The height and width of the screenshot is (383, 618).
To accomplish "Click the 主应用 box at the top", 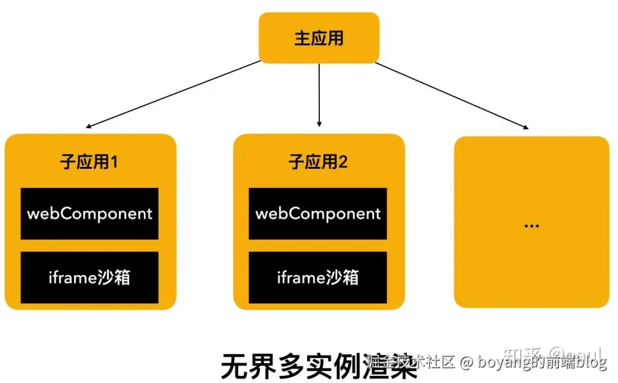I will tap(319, 38).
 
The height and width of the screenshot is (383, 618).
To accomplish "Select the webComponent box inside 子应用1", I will tap(90, 214).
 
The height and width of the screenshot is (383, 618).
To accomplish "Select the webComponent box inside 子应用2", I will tap(318, 214).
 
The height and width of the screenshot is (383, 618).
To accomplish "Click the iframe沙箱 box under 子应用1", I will tap(90, 277).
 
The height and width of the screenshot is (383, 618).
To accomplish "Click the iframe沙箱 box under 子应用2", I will tap(318, 277).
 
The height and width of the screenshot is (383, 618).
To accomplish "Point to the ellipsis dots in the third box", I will tap(531, 226).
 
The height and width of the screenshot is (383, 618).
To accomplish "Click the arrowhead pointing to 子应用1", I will tap(90, 127).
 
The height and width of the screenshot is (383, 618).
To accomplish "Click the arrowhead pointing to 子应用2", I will tap(319, 122).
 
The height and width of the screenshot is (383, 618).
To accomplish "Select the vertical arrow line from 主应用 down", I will tap(319, 90).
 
